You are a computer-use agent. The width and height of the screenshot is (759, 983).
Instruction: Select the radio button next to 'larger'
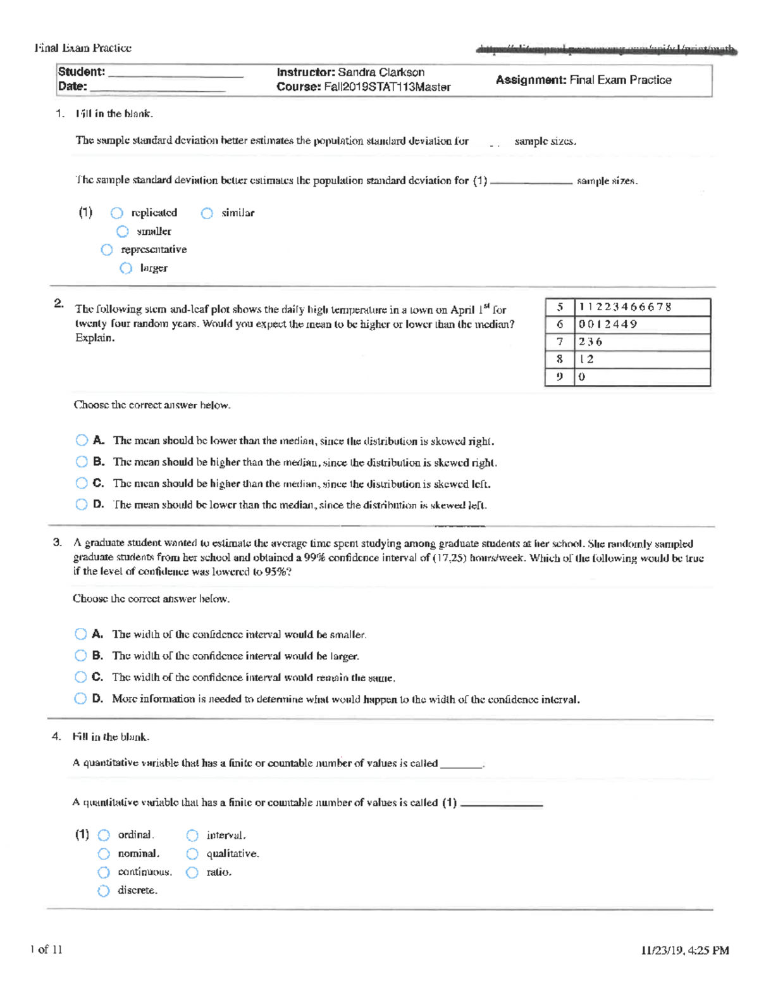coord(126,268)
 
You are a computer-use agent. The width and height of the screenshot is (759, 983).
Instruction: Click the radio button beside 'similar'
coord(207,213)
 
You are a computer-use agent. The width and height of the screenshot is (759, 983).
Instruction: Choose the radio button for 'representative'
coord(107,250)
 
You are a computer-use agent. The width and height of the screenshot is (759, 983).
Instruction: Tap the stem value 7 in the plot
coord(560,342)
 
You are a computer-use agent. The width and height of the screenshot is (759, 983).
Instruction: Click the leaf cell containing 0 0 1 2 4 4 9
coord(642,324)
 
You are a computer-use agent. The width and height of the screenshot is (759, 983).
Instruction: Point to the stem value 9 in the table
coord(560,377)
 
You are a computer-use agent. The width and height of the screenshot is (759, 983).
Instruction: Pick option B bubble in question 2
coord(82,462)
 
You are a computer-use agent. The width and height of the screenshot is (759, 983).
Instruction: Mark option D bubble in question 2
coord(82,504)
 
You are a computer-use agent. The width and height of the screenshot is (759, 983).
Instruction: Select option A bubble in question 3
coord(80,634)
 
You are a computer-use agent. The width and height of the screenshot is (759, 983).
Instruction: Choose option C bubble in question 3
coord(80,677)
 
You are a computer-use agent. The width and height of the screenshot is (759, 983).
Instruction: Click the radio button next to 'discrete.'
coord(104,891)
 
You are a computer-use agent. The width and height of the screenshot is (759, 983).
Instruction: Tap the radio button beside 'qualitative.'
coord(192,854)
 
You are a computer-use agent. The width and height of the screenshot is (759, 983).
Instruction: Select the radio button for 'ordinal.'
coord(104,836)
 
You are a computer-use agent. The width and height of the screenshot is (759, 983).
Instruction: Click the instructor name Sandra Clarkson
coord(381,72)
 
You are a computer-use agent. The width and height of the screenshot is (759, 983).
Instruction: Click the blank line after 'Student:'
coord(176,73)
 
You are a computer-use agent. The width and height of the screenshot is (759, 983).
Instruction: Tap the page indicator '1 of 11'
coord(46,949)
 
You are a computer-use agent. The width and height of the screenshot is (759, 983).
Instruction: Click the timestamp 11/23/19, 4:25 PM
coord(684,950)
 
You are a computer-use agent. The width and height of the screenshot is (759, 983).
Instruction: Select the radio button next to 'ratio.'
coord(192,872)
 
